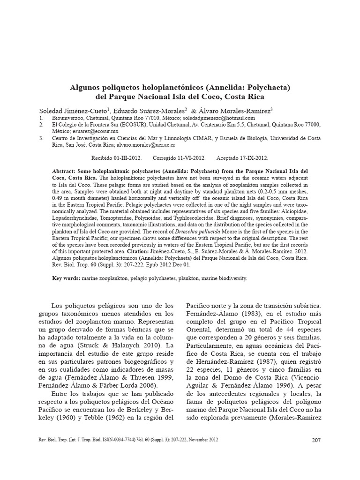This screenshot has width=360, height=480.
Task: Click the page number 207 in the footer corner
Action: pos(315,440)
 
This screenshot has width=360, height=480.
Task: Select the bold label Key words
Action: pos(66,278)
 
